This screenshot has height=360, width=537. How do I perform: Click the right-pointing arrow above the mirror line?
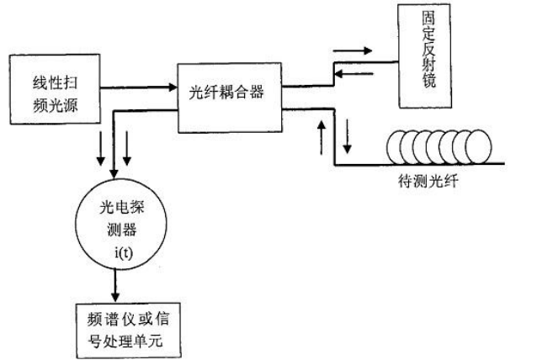coord(353,50)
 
